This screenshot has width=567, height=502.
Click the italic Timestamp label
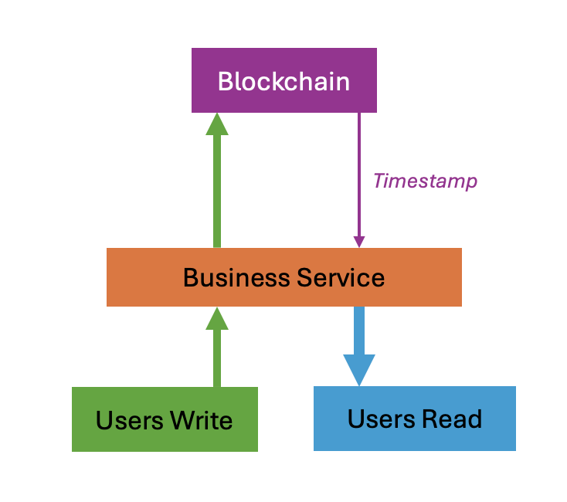pos(425,181)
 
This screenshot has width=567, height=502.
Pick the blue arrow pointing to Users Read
pos(358,332)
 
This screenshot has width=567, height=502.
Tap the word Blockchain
pos(283,81)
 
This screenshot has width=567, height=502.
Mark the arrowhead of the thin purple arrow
pos(358,241)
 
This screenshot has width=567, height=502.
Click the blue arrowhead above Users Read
pos(358,369)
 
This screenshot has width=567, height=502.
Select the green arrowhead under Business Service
pos(217,319)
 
